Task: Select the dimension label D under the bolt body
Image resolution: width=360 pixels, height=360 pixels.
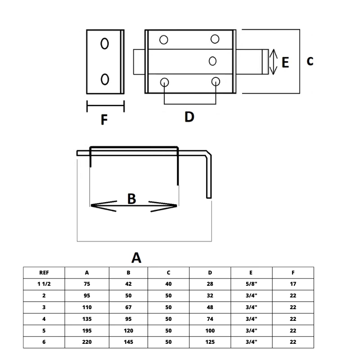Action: pyautogui.click(x=189, y=117)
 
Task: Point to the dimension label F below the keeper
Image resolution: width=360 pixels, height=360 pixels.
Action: pyautogui.click(x=104, y=120)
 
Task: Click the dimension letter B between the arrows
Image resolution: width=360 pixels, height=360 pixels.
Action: pyautogui.click(x=131, y=198)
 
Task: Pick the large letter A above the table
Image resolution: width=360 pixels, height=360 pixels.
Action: pyautogui.click(x=136, y=257)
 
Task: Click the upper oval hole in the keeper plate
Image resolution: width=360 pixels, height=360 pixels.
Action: pyautogui.click(x=105, y=44)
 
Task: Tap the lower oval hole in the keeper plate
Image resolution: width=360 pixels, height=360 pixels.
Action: pyautogui.click(x=105, y=79)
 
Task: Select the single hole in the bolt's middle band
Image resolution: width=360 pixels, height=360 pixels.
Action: pyautogui.click(x=213, y=61)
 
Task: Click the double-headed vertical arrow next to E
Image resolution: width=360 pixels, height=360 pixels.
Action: pyautogui.click(x=273, y=62)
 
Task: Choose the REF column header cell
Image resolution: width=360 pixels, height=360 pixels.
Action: pyautogui.click(x=44, y=273)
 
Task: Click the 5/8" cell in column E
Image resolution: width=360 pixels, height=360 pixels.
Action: pyautogui.click(x=252, y=284)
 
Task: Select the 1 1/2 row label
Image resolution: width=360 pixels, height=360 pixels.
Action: pyautogui.click(x=44, y=284)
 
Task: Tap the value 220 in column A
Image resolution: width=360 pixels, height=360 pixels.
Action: pyautogui.click(x=87, y=342)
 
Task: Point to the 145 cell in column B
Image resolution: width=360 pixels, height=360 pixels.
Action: pyautogui.click(x=128, y=342)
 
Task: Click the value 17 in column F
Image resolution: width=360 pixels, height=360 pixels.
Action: pyautogui.click(x=293, y=284)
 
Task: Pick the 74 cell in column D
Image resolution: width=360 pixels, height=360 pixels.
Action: pyautogui.click(x=210, y=319)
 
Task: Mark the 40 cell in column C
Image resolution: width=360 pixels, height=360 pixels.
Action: pyautogui.click(x=169, y=284)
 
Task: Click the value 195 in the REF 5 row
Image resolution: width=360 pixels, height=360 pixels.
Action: pyautogui.click(x=87, y=331)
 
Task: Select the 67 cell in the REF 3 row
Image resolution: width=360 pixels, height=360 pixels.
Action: pyautogui.click(x=128, y=308)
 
